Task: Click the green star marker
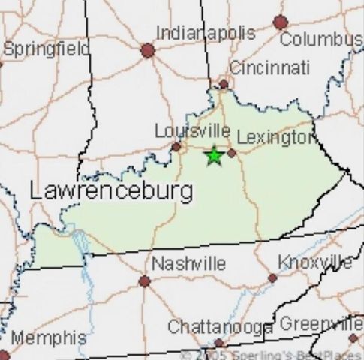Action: coord(214,155)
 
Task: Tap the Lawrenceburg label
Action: coord(111,191)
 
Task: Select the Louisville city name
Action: coord(192,131)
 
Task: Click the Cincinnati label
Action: coord(269,67)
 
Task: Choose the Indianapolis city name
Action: coord(205,34)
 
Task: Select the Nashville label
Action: coord(188,263)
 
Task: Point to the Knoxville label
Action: coord(315,262)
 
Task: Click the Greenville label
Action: coord(321,324)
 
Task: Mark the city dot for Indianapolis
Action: coord(147,51)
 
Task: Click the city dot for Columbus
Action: coord(281,22)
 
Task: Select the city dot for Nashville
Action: coord(144,281)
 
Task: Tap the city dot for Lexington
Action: coord(232,152)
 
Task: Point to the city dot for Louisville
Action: coord(176,147)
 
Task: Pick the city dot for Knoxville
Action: coord(272,277)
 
